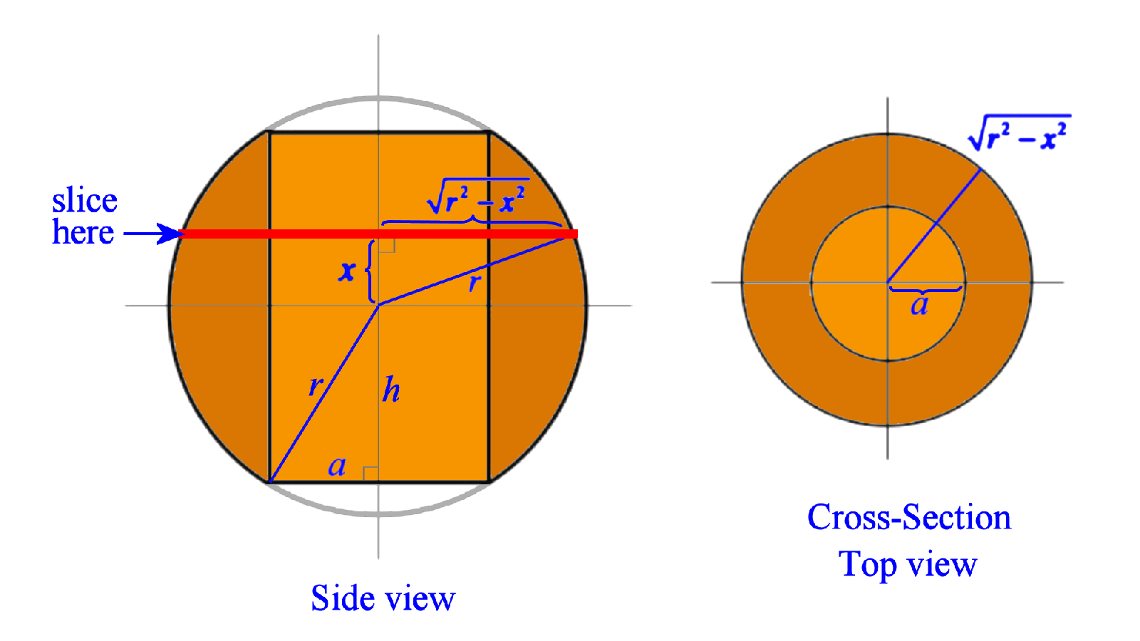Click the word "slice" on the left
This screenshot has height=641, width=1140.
[x=84, y=202]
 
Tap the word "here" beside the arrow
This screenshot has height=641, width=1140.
[x=83, y=233]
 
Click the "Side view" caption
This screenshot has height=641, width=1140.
[x=383, y=598]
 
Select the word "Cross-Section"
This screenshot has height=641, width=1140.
[x=908, y=518]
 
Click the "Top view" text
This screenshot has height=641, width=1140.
[x=907, y=565]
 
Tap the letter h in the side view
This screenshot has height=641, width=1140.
[x=391, y=390]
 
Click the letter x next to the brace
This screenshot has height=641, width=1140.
[x=347, y=271]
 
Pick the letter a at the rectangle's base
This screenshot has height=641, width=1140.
[x=337, y=467]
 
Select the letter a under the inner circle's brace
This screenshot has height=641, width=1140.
[x=920, y=306]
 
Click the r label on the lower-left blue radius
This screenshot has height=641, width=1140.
[x=315, y=386]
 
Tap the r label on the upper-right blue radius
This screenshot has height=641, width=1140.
[x=475, y=283]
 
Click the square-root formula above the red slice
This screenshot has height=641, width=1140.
[x=477, y=197]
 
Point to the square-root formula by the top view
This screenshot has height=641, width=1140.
[x=1019, y=132]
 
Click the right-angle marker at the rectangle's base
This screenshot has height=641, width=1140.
[x=370, y=474]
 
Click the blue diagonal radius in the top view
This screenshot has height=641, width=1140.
[x=934, y=226]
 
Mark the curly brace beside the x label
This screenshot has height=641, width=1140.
[x=369, y=271]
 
